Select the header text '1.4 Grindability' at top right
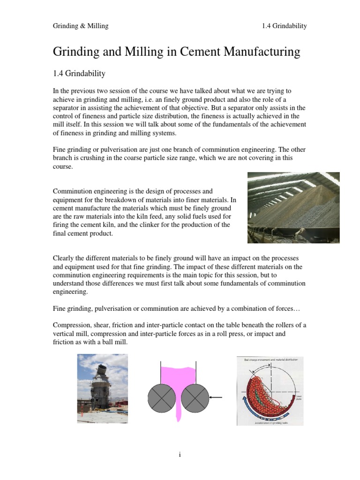(285, 26)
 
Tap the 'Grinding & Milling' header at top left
(80, 26)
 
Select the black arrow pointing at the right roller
(216, 397)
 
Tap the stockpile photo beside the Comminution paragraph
(293, 207)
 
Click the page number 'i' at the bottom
(180, 455)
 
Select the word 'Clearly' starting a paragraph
(64, 259)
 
